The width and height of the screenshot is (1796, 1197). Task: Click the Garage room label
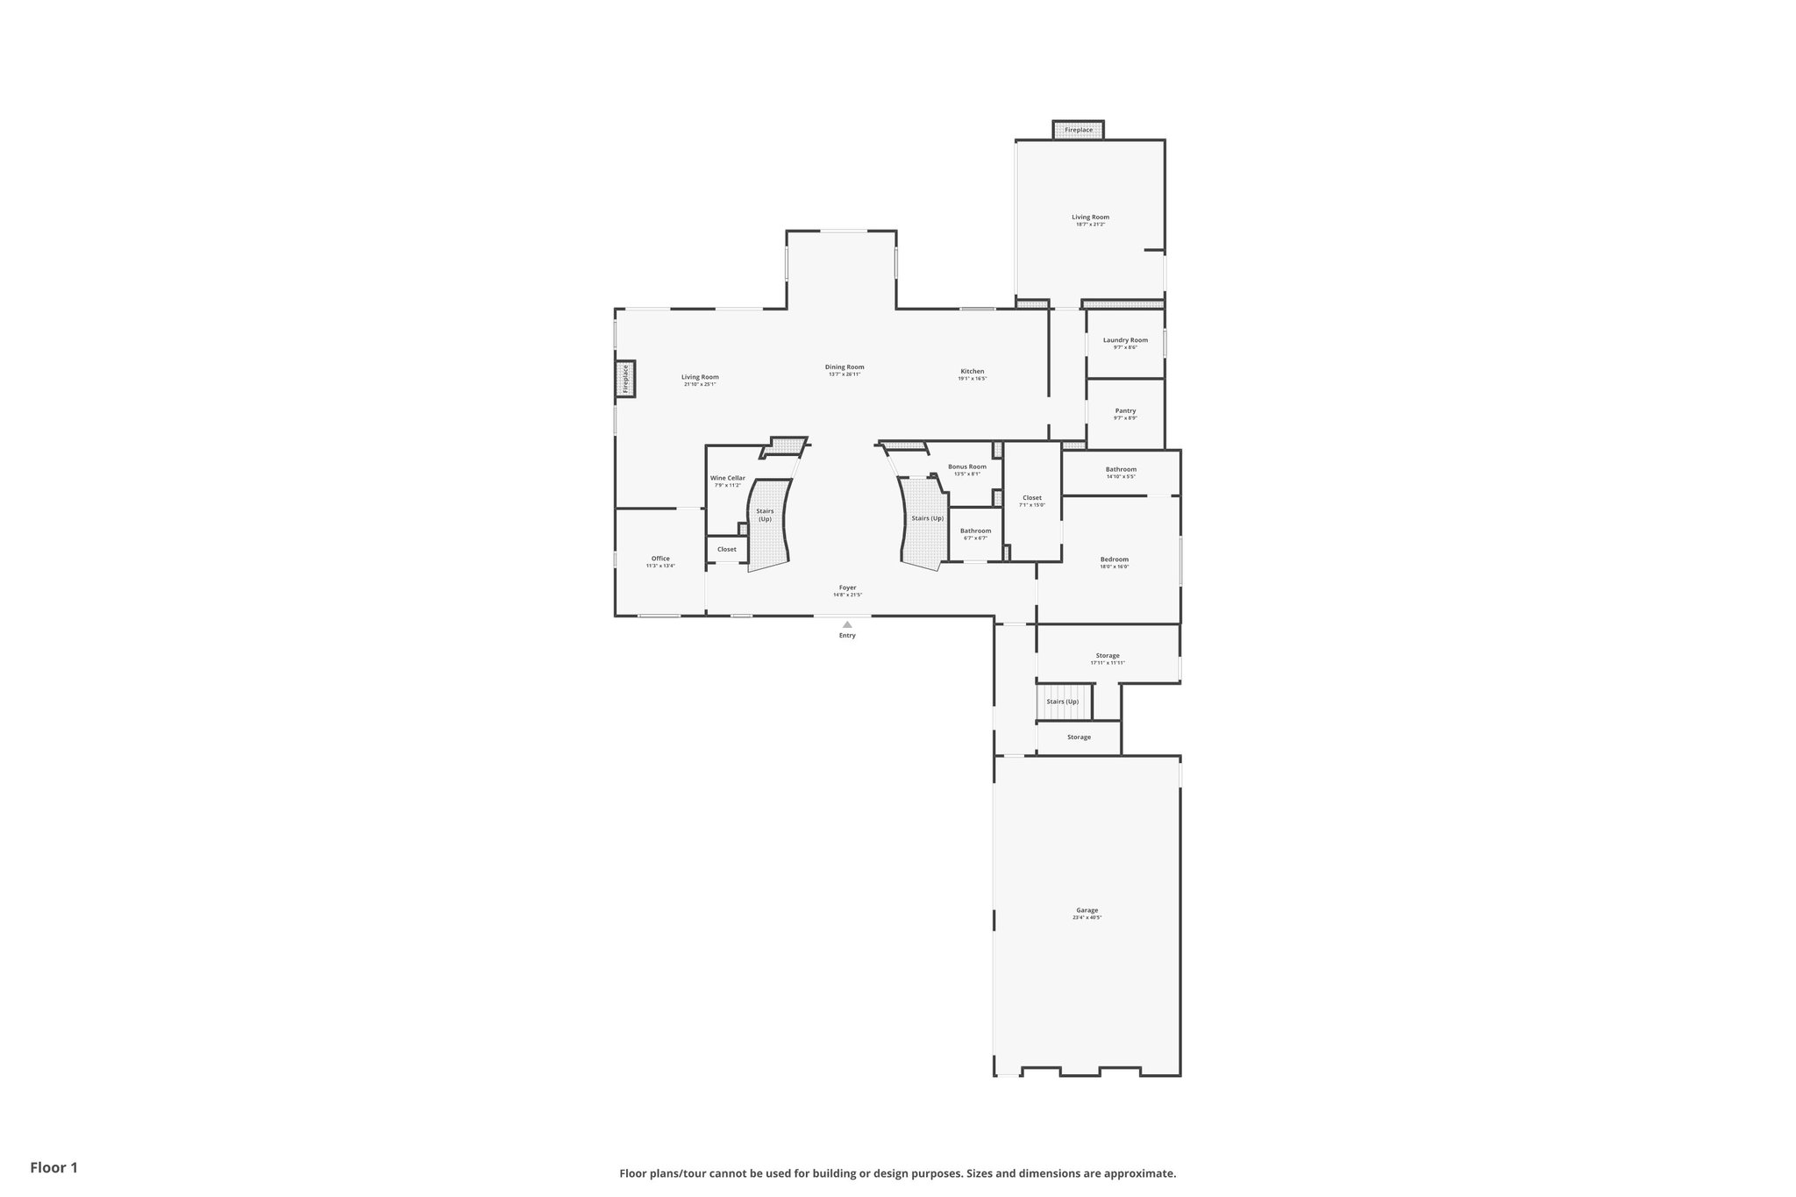(1087, 910)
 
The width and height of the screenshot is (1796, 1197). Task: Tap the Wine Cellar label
(727, 479)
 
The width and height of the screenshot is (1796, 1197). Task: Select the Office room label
(660, 559)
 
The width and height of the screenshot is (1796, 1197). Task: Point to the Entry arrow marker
(847, 624)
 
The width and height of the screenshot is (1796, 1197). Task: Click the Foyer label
(847, 588)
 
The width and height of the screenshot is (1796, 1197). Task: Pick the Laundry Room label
(1125, 340)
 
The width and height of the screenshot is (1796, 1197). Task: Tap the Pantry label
(1125, 410)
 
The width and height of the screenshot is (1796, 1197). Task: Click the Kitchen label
(972, 371)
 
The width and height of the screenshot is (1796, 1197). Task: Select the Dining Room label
(845, 367)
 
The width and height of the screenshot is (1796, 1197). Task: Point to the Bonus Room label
(967, 467)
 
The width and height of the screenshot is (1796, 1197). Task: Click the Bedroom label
(1115, 559)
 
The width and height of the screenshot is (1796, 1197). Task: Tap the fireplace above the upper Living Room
(1079, 130)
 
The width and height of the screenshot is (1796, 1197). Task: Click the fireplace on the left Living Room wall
(625, 379)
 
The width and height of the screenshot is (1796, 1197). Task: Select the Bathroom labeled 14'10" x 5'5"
(1121, 470)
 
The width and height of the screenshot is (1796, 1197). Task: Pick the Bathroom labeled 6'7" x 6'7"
(975, 531)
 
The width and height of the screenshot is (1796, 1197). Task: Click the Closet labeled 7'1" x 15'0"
(1032, 498)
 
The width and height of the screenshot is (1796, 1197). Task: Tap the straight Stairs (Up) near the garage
(1063, 702)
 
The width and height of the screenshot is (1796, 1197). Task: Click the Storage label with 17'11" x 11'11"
(1108, 656)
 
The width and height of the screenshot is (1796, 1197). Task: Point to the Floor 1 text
(54, 1167)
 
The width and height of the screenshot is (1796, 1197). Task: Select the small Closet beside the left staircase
(727, 549)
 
